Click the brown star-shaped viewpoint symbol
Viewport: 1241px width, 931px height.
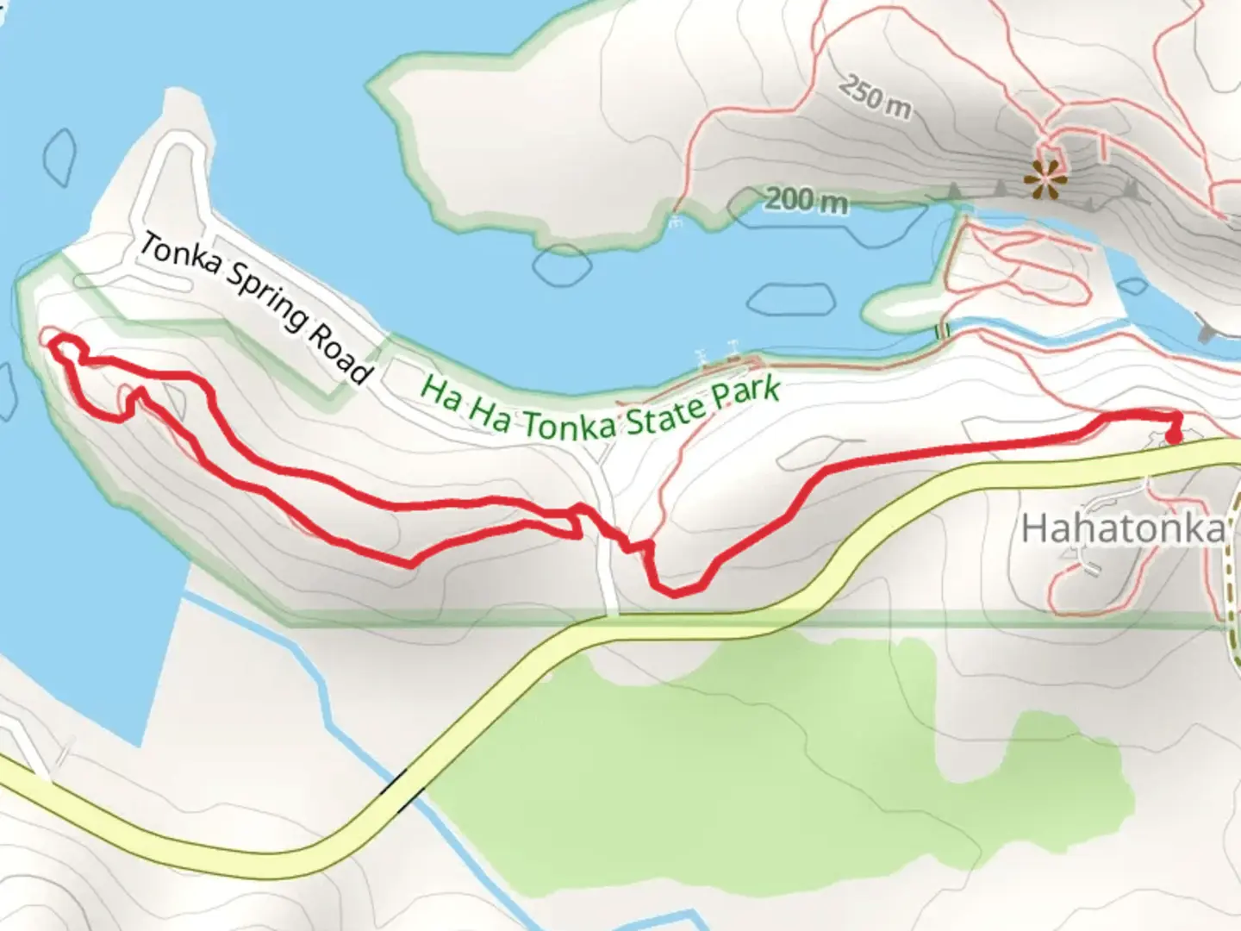coord(1045,179)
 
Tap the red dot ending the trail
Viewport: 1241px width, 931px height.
coord(1174,436)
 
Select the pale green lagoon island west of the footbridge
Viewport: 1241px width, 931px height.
coord(901,307)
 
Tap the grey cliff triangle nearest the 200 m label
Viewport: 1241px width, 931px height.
coord(954,190)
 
